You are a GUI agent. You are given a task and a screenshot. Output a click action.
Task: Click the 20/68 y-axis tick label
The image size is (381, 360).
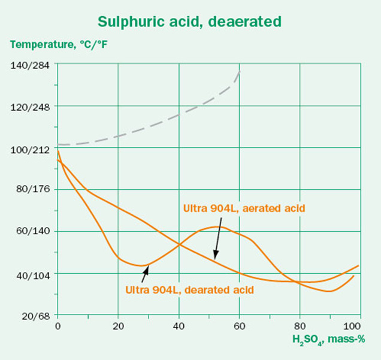coord(35,315)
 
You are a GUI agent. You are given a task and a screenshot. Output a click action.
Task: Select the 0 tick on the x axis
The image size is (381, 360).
coord(58,326)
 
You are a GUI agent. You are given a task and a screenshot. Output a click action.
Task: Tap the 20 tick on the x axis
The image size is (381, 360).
coord(118,326)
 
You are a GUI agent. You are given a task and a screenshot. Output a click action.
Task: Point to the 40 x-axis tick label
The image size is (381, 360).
coord(179,326)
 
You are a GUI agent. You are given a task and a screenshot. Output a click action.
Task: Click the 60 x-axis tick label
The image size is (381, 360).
coord(239,326)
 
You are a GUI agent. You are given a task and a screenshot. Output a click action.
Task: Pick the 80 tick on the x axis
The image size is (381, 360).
coord(299,326)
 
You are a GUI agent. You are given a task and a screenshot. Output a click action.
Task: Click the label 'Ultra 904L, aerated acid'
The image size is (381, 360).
coord(244,208)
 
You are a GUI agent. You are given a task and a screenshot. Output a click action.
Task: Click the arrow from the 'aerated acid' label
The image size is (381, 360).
coord(217,239)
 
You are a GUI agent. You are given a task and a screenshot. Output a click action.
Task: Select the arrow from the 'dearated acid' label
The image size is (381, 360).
coord(144,274)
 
